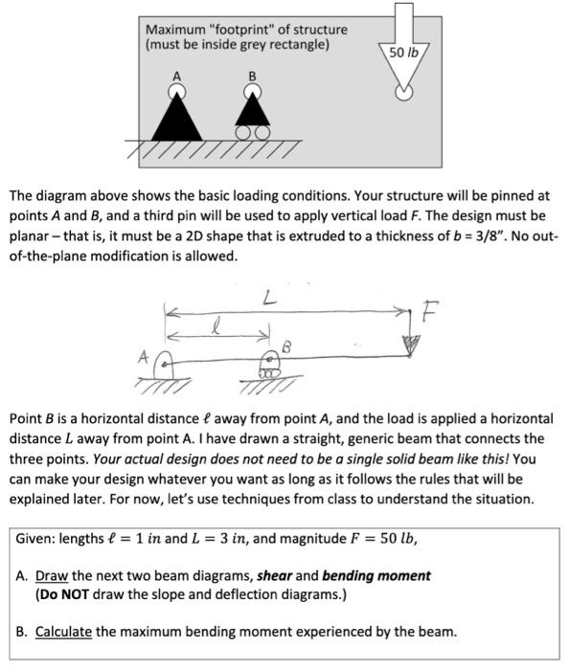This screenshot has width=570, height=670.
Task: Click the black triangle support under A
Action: coord(176,121)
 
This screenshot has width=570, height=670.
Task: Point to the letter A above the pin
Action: coord(176,75)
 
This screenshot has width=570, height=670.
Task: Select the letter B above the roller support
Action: coord(252,75)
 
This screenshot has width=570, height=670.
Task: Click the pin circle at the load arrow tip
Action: coord(404,92)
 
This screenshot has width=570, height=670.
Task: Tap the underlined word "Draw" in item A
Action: coord(50,575)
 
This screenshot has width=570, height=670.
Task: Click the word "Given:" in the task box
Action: coord(35,538)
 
